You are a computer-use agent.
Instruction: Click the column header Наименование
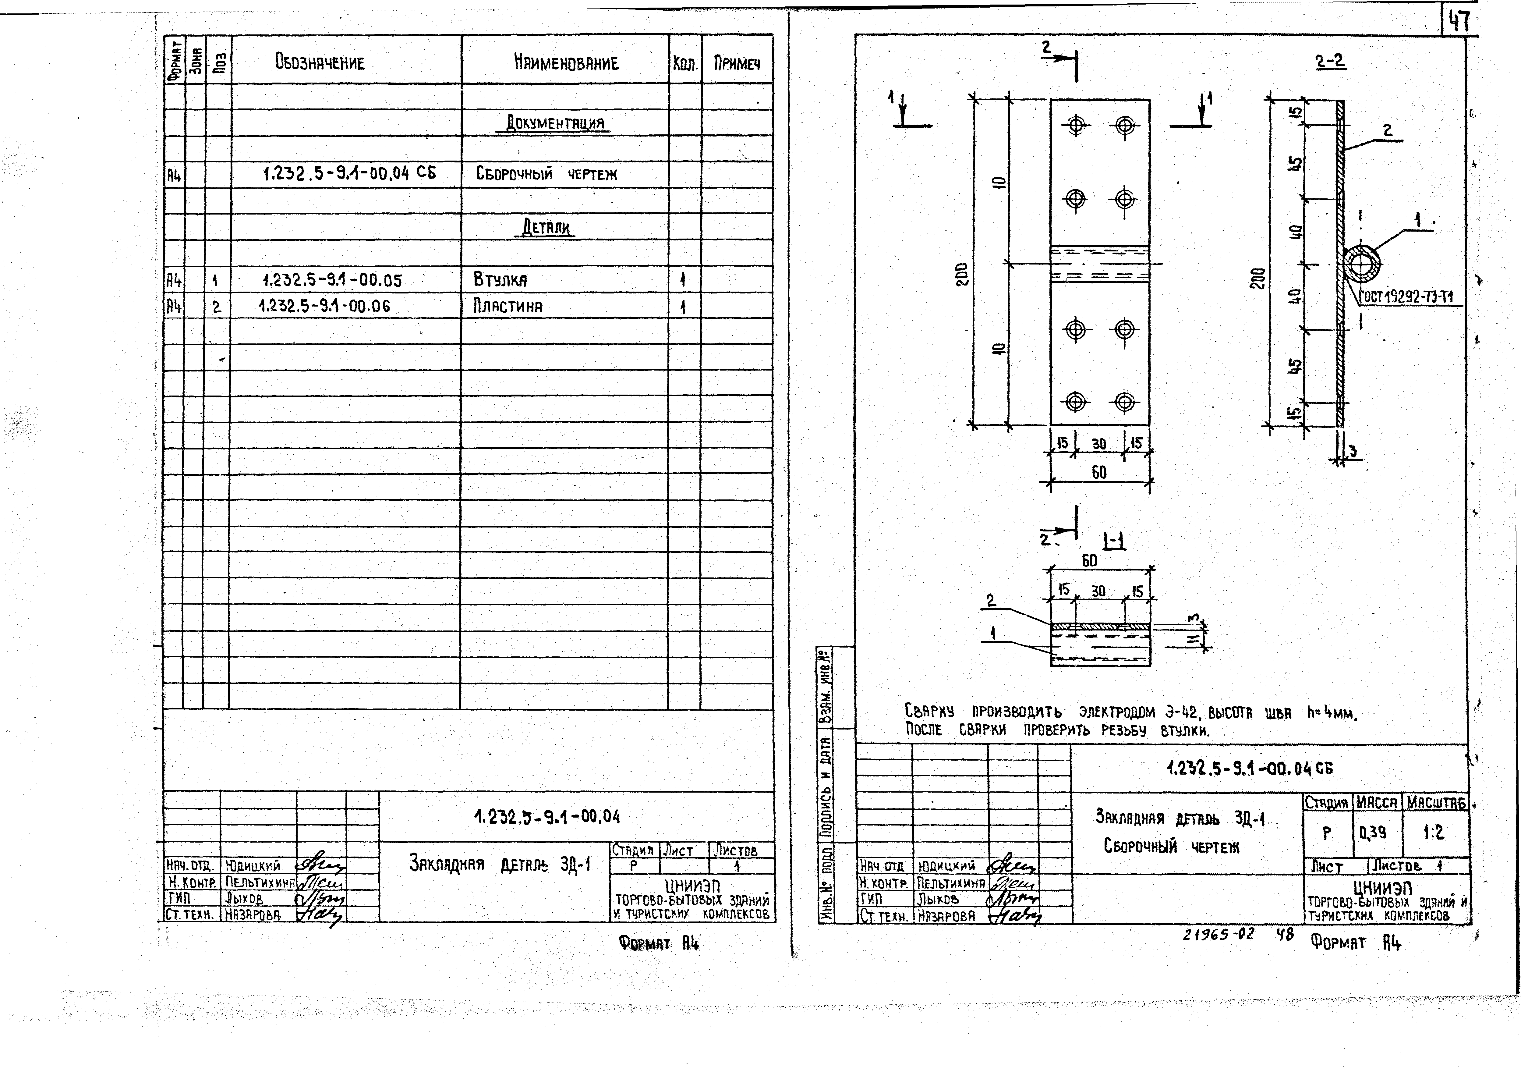pyautogui.click(x=566, y=63)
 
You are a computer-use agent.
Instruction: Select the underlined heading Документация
pyautogui.click(x=554, y=123)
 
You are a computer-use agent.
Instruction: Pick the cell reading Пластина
pyautogui.click(x=507, y=307)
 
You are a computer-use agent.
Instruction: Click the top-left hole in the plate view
pyautogui.click(x=1076, y=125)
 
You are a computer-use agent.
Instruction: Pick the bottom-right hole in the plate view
pyautogui.click(x=1124, y=401)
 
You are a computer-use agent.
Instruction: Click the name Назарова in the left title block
pyautogui.click(x=253, y=915)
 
